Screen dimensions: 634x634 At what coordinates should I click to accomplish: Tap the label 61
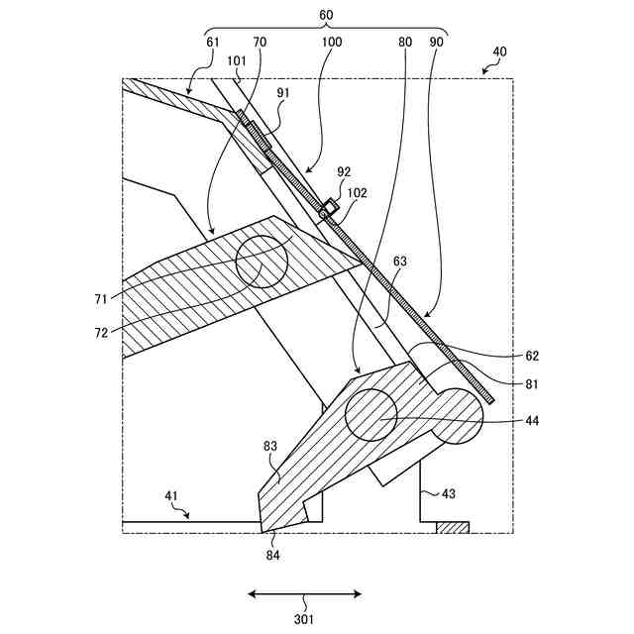[213, 43]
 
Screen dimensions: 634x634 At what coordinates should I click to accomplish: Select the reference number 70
[261, 43]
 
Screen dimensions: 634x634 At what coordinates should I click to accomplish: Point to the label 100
[332, 43]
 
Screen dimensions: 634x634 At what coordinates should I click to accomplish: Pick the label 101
[237, 60]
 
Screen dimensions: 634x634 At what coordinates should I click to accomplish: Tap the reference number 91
[284, 93]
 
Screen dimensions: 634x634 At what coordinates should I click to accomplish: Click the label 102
[358, 194]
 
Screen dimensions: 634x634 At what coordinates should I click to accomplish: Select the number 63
[399, 263]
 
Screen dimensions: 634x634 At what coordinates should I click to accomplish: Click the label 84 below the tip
[272, 555]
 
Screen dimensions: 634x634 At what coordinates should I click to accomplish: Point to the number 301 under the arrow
[304, 620]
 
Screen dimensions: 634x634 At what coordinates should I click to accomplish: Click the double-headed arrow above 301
[304, 594]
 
